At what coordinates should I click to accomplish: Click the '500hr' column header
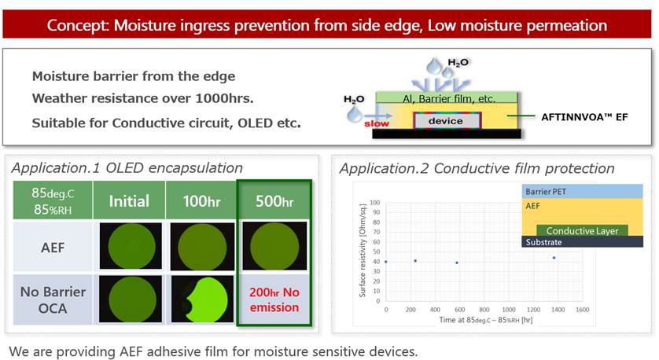click(x=274, y=200)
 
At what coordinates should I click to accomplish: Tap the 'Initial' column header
click(x=129, y=200)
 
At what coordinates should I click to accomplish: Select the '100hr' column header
click(x=201, y=200)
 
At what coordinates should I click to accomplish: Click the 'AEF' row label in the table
click(x=53, y=247)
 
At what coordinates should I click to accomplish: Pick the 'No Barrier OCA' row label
click(x=53, y=300)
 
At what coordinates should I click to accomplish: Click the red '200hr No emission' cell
click(x=274, y=299)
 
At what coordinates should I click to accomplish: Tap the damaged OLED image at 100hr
click(x=202, y=299)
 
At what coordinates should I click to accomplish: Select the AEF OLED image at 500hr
click(x=274, y=246)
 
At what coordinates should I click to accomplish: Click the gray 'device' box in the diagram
click(x=447, y=121)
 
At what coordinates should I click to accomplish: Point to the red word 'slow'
click(x=377, y=123)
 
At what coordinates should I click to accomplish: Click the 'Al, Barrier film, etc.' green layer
click(x=447, y=97)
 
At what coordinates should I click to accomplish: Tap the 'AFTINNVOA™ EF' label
click(x=584, y=117)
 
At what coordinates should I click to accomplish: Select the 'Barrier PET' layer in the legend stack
click(x=582, y=191)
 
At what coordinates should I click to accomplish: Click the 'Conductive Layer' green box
click(x=582, y=230)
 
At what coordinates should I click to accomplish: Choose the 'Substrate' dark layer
click(x=582, y=241)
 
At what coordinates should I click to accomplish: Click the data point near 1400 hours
click(x=554, y=258)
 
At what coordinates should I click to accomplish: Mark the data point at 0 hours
click(x=386, y=262)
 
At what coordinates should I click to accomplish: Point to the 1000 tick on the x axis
click(x=509, y=310)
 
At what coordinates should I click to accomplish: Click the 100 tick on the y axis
click(x=374, y=203)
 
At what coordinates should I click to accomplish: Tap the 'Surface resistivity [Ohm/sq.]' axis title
click(x=363, y=251)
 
